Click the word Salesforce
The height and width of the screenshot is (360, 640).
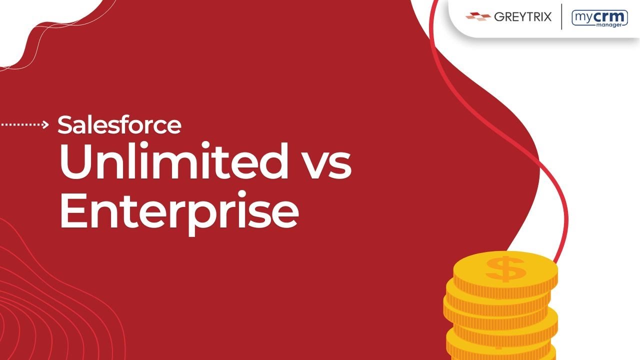(119, 125)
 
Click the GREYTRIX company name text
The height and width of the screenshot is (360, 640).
(522, 17)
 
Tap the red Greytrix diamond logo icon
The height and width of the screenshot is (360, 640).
(477, 17)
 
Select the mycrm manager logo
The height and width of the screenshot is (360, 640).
(599, 18)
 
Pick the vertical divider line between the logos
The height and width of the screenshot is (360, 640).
(561, 17)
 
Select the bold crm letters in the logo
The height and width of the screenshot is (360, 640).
(611, 16)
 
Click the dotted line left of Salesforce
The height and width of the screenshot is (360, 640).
(20, 125)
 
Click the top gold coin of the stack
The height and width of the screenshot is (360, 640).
(505, 270)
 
